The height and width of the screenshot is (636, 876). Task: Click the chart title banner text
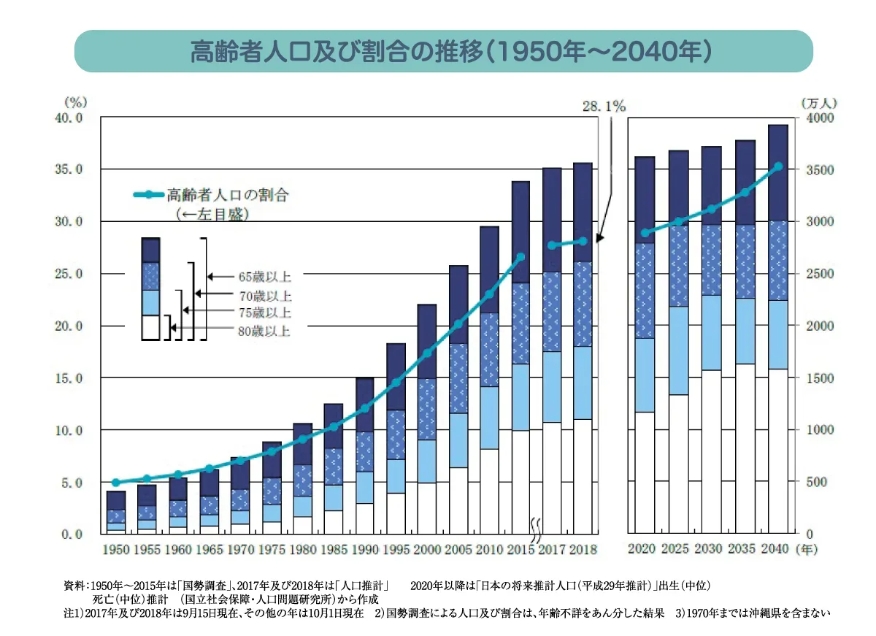click(x=444, y=51)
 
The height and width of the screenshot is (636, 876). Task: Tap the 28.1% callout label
click(x=604, y=107)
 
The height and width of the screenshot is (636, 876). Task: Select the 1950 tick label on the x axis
click(x=115, y=549)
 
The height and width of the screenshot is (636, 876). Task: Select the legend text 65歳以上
click(x=264, y=277)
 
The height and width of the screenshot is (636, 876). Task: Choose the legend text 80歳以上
click(x=264, y=332)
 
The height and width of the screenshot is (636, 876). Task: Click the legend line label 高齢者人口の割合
click(x=228, y=195)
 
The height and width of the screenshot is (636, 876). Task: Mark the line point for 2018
click(x=583, y=241)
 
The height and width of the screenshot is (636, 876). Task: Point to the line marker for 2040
click(x=778, y=166)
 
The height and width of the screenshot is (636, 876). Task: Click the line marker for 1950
click(x=115, y=483)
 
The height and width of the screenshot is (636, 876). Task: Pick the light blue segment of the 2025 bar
click(x=679, y=350)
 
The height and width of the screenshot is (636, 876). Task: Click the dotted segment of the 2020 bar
click(x=645, y=291)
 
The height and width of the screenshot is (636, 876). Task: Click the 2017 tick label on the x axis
click(x=552, y=549)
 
